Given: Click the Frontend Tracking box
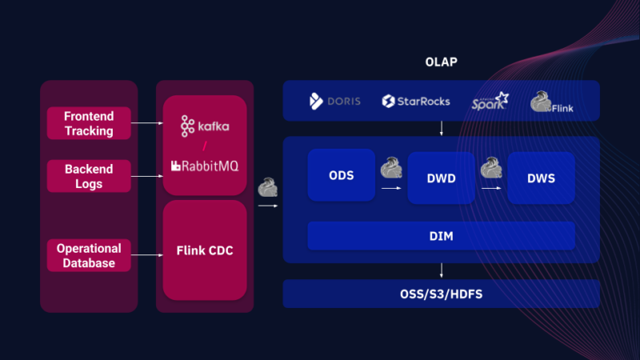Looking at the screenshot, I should (89, 123).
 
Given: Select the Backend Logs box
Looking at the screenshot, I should (89, 177).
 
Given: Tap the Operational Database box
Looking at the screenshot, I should (89, 255).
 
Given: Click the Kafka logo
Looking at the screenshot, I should (205, 126).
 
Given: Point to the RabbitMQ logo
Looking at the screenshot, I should (205, 166).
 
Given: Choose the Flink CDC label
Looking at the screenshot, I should (205, 250).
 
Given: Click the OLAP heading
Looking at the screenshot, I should (441, 62).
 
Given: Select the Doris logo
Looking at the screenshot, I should (335, 102).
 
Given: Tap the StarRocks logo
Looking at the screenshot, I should (416, 102).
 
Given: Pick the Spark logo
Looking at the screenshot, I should (489, 102).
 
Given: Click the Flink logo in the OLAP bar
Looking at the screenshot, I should (551, 102).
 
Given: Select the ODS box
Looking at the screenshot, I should (342, 175).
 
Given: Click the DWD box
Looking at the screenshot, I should (441, 178).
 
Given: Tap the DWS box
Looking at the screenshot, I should (541, 178).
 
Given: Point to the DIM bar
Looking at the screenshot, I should (441, 236).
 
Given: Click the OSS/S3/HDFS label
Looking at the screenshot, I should (441, 294).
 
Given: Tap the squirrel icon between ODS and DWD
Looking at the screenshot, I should (390, 168).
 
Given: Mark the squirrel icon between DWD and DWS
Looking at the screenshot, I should (490, 168).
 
